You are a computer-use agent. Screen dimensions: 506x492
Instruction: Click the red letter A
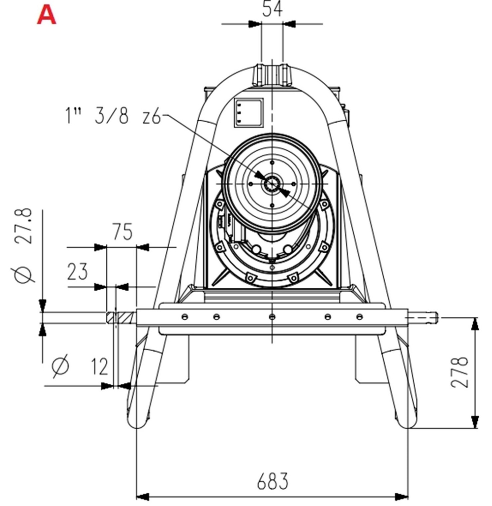click(47, 15)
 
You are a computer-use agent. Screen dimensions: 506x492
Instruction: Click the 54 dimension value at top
click(272, 9)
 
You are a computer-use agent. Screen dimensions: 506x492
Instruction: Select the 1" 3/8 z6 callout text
click(112, 116)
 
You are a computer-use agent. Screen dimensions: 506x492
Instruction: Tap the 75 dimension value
click(122, 232)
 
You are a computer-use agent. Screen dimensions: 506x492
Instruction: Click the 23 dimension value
click(77, 271)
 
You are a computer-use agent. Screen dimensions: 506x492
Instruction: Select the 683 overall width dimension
click(272, 481)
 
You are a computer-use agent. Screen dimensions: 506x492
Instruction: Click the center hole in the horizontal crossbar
click(272, 316)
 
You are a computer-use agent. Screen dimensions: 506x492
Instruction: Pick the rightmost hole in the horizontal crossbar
click(360, 316)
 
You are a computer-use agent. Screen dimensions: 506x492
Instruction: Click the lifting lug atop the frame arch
click(272, 74)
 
